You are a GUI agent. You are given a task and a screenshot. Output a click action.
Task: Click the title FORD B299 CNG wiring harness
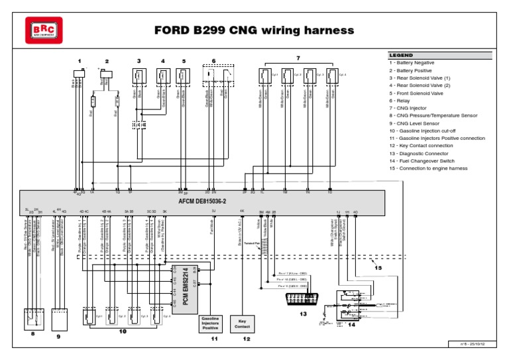point(254,30)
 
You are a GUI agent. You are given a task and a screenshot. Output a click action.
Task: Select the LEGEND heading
point(402,55)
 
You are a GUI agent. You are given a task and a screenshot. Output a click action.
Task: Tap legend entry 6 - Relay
point(401,100)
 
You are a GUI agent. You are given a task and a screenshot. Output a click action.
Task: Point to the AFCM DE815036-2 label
point(202,200)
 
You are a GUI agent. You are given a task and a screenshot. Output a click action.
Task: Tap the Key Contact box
point(243,323)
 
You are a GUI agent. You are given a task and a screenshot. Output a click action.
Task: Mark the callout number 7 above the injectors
point(298,58)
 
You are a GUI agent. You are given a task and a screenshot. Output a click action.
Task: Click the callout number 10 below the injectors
point(121,331)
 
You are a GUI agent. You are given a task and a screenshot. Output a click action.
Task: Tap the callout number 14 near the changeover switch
point(351,326)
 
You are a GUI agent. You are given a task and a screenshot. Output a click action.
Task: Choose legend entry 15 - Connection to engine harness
point(428,168)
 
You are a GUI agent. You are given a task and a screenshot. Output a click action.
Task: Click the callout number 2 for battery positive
point(107,61)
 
